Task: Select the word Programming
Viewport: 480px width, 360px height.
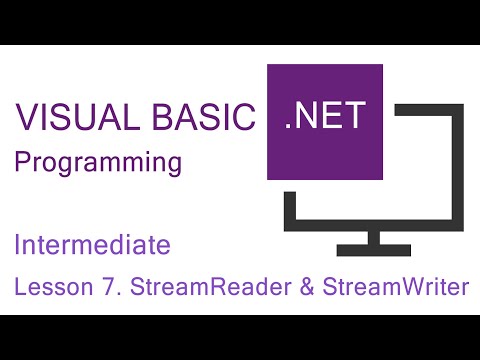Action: click(x=98, y=162)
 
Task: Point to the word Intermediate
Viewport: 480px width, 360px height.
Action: click(x=92, y=244)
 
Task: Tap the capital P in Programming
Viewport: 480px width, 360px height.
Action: click(x=20, y=162)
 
